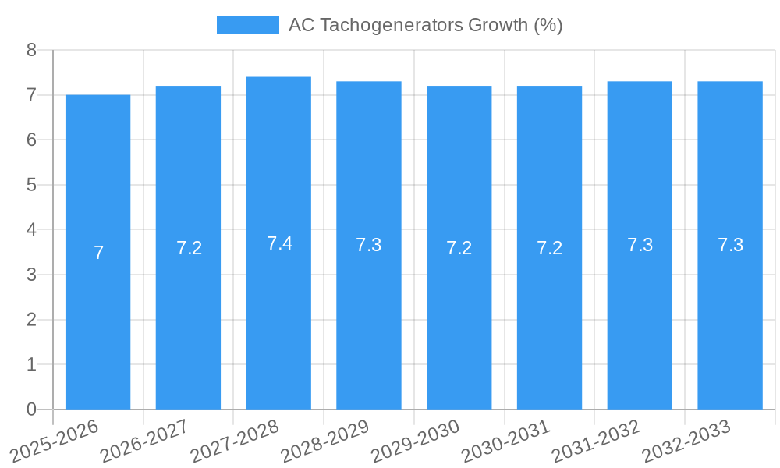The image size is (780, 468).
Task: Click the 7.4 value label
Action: click(x=279, y=243)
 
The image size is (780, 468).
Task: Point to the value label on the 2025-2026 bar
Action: click(x=98, y=253)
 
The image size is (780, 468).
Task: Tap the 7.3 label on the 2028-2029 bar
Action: click(x=369, y=245)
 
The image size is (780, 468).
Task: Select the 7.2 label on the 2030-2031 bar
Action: click(x=549, y=248)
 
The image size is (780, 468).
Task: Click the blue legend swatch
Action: click(x=247, y=25)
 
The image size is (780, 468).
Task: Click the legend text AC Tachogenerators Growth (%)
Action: click(x=425, y=25)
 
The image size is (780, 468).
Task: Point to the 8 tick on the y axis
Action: click(x=31, y=50)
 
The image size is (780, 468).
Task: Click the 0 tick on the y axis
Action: click(x=31, y=409)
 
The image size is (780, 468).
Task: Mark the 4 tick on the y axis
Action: click(x=31, y=230)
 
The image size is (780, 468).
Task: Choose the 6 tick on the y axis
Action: click(x=31, y=140)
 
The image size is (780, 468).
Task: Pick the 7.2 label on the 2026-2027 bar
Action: click(x=189, y=248)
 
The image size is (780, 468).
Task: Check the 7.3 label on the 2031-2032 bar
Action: click(x=640, y=245)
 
